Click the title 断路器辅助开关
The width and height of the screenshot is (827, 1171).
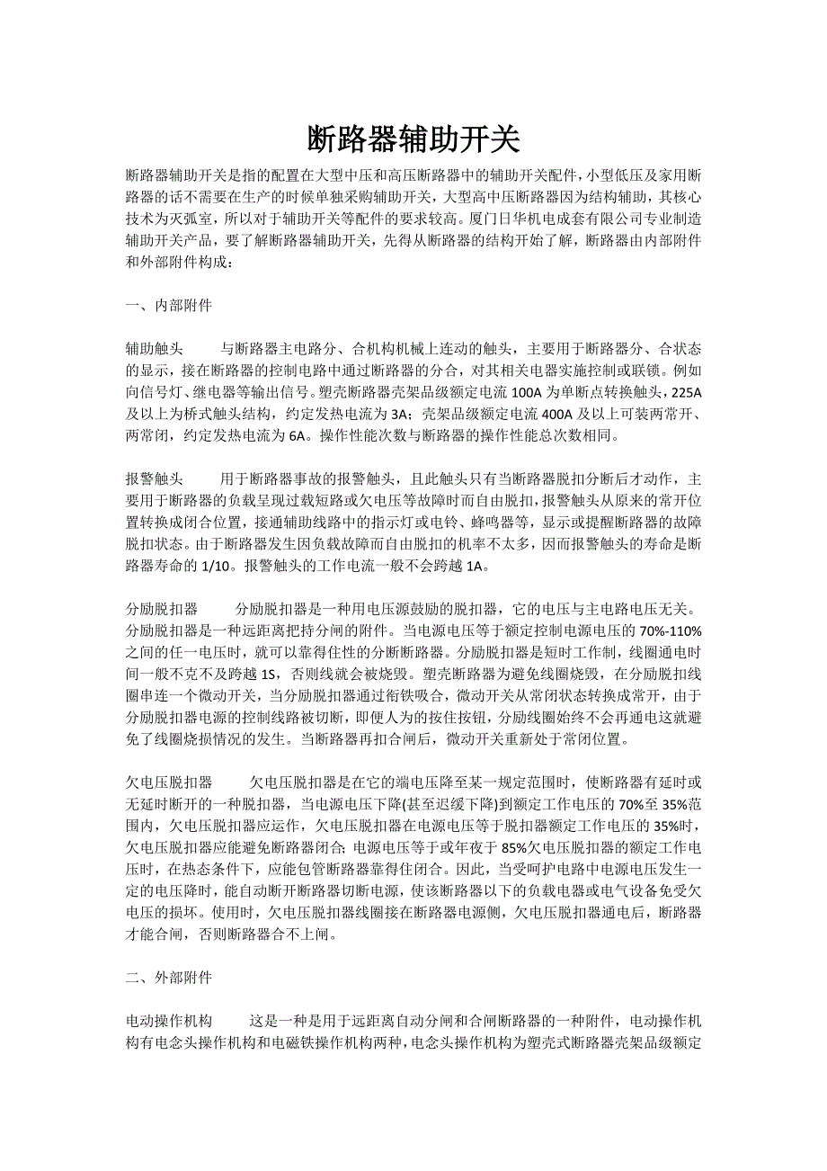point(413,139)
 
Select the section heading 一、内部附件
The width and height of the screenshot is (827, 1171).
point(169,306)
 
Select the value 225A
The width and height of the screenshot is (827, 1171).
point(687,392)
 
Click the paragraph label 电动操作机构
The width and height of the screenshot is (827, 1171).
point(169,1021)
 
